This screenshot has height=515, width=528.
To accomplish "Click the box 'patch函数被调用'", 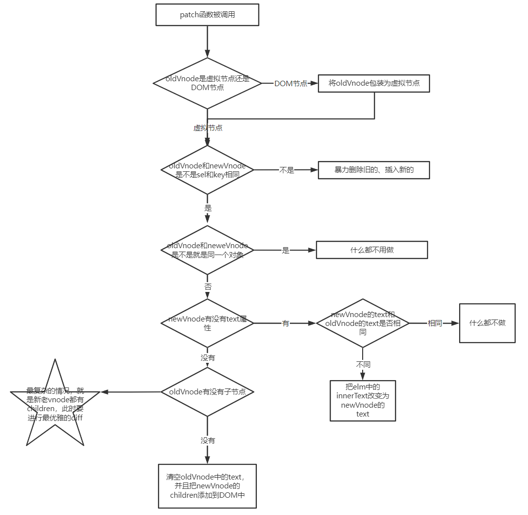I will click(x=207, y=15).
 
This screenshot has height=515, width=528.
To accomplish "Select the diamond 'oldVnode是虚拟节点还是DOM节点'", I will click(x=207, y=83).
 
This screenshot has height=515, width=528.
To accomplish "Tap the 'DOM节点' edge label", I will click(x=290, y=84).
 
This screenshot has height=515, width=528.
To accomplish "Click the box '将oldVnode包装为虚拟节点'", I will click(x=374, y=83).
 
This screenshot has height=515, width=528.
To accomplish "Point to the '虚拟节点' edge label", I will click(x=208, y=128).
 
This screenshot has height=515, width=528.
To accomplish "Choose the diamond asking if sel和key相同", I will click(x=207, y=170).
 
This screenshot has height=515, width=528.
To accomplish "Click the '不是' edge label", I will click(x=286, y=170).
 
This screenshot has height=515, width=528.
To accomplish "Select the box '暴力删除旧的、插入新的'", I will click(x=374, y=170).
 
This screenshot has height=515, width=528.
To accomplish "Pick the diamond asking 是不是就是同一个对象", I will click(x=207, y=250).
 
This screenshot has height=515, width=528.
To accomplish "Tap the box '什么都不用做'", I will click(x=372, y=250).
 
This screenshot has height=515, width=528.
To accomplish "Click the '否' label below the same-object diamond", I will click(x=208, y=287).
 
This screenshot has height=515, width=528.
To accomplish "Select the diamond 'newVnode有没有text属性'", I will click(x=207, y=323).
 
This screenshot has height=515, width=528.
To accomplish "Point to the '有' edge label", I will click(x=285, y=323).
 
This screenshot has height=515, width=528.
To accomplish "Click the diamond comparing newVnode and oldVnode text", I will click(x=363, y=323).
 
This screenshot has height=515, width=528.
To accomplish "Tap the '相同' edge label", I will click(x=435, y=323).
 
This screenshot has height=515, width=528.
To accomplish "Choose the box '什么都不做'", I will click(x=487, y=323).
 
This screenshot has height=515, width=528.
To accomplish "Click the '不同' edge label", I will click(x=363, y=365).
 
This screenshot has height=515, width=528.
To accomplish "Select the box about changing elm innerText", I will click(x=363, y=400).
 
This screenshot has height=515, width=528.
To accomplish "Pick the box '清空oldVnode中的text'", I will click(x=207, y=486).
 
